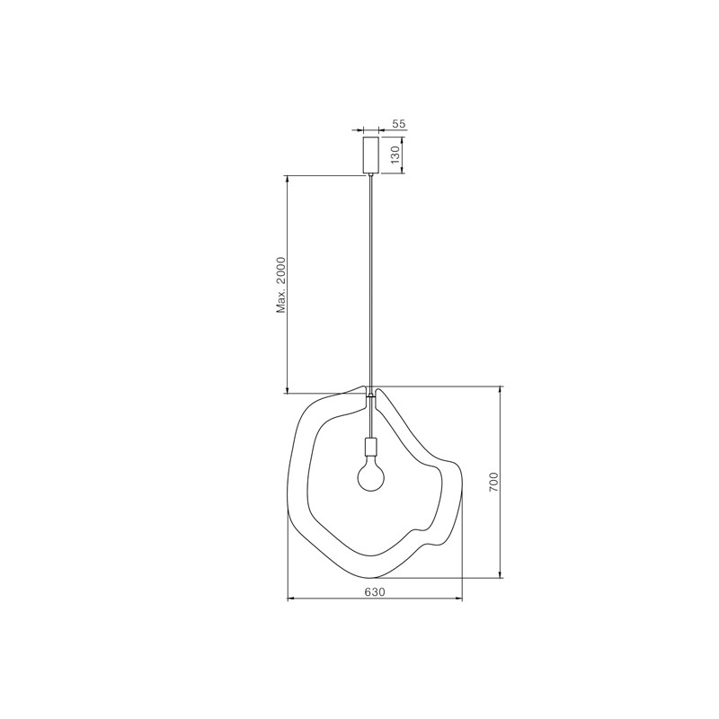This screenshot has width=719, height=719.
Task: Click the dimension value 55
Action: pyautogui.click(x=399, y=124)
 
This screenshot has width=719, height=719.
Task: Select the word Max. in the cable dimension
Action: pyautogui.click(x=281, y=303)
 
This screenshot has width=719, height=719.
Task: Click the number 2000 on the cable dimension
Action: pyautogui.click(x=281, y=272)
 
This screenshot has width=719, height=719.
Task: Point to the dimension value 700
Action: pyautogui.click(x=493, y=482)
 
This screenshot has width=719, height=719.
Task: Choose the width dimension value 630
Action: pyautogui.click(x=375, y=592)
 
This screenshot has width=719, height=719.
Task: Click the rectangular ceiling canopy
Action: pyautogui.click(x=371, y=155)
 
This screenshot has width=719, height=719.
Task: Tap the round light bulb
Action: pyautogui.click(x=370, y=476)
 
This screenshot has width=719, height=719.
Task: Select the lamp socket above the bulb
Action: pyautogui.click(x=370, y=446)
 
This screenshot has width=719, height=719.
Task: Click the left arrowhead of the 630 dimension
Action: pyautogui.click(x=290, y=599)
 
